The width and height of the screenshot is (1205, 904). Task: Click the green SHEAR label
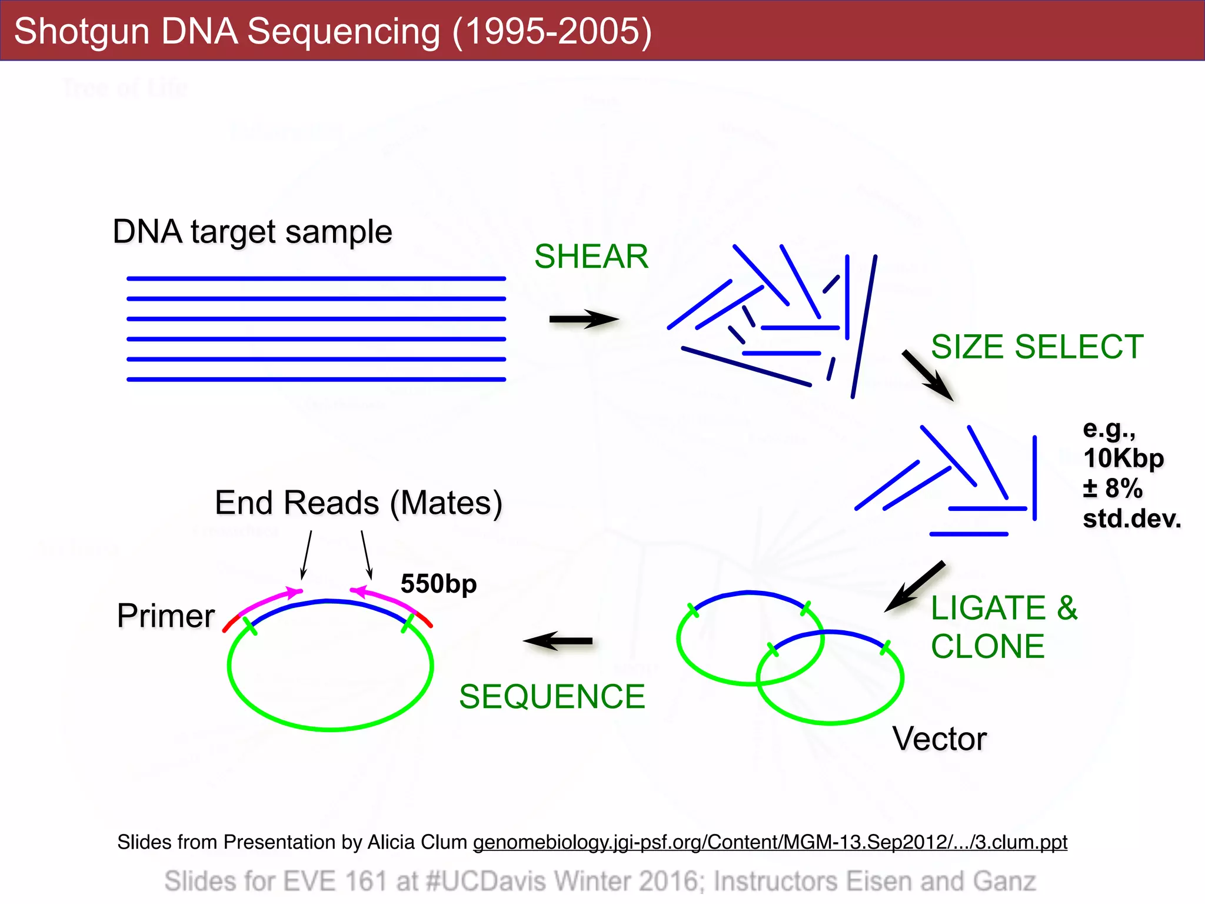pos(591,257)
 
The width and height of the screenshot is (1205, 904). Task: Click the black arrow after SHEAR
pos(582,319)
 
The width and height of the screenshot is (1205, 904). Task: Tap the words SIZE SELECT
pos(1037,347)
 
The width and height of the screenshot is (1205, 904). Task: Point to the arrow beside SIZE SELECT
pos(927,375)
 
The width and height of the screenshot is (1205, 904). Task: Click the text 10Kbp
pos(1123,458)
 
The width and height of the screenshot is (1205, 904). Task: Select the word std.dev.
pos(1131,519)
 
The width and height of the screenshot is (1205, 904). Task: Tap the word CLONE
pos(987,646)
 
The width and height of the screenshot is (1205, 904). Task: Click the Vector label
pos(939,739)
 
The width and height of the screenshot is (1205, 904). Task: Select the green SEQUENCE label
pos(552,697)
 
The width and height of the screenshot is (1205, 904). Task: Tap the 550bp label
pos(438,584)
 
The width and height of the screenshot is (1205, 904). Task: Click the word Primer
pos(166,616)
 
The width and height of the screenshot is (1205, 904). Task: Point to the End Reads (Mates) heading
pos(358,503)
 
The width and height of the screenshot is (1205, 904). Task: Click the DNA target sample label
pos(252,231)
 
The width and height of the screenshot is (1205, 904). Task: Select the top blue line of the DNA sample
pos(316,278)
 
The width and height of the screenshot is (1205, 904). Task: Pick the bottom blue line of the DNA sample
pos(316,379)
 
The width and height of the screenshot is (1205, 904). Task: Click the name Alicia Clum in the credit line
pos(417,842)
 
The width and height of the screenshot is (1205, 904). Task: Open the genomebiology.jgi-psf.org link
pos(770,842)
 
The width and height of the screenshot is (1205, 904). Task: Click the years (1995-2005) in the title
pos(552,31)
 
